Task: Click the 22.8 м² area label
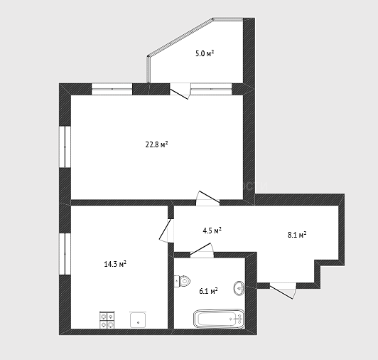[x=156, y=144]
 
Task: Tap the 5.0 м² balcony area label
[x=205, y=53]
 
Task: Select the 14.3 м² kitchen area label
[x=115, y=264]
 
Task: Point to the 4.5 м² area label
[x=212, y=231]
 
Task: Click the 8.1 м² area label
[x=297, y=235]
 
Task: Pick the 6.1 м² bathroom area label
[x=208, y=291]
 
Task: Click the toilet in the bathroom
[x=182, y=281]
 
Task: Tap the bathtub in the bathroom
[x=219, y=319]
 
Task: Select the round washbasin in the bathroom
[x=239, y=288]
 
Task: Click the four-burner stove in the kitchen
[x=107, y=320]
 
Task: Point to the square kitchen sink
[x=138, y=319]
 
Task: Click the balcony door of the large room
[x=180, y=91]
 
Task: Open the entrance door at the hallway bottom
[x=283, y=290]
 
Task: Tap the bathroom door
[x=202, y=250]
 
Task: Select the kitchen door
[x=166, y=231]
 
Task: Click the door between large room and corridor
[x=207, y=198]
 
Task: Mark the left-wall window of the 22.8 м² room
[x=65, y=147]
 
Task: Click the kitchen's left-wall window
[x=65, y=254]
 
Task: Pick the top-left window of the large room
[x=112, y=89]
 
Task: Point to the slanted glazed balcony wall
[x=180, y=37]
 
